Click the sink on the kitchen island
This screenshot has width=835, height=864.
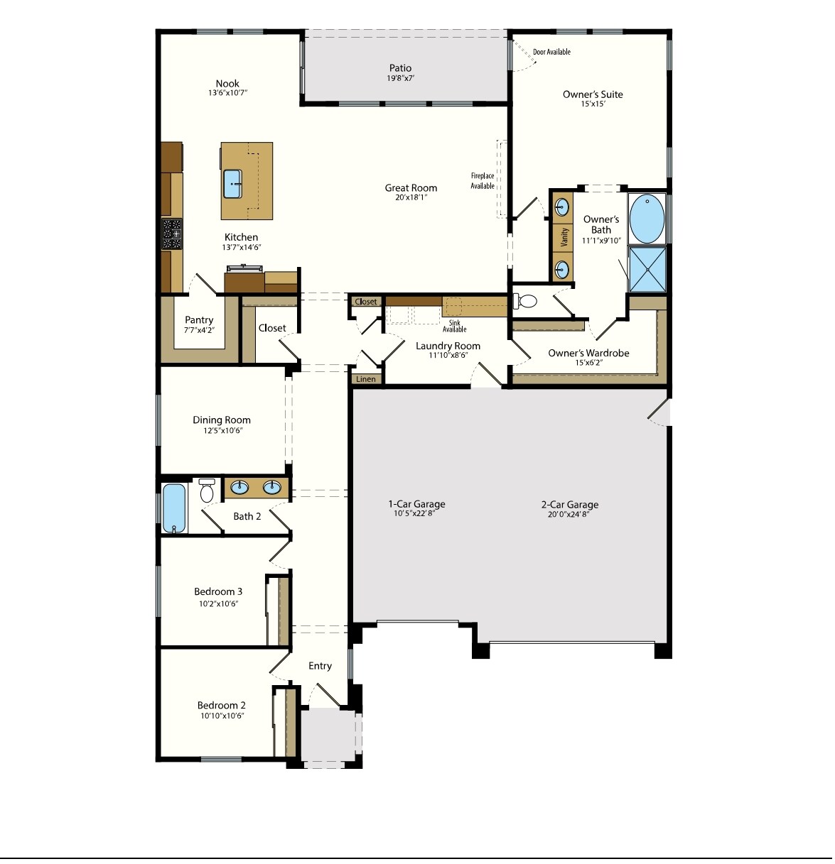click(x=234, y=184)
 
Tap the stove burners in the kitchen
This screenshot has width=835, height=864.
click(x=172, y=234)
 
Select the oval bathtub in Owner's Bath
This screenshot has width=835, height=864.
click(x=647, y=219)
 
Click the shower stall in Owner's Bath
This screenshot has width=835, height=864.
click(x=647, y=269)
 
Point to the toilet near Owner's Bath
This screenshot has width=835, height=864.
click(x=525, y=301)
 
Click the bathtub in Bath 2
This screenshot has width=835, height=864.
click(x=173, y=508)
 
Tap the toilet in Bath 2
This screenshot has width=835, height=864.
click(x=207, y=490)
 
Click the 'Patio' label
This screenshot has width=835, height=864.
click(x=400, y=68)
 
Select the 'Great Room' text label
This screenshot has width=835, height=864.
click(x=411, y=188)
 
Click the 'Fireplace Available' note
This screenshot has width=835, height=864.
click(x=483, y=181)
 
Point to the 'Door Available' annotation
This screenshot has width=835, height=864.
click(x=551, y=52)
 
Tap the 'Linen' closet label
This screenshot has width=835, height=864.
click(x=366, y=379)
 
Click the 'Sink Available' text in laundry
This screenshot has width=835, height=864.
click(x=455, y=326)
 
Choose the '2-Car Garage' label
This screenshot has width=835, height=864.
click(x=570, y=505)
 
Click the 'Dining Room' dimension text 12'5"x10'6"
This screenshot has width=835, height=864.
click(x=222, y=430)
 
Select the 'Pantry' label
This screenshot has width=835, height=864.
click(x=199, y=320)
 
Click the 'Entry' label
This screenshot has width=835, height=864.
click(x=320, y=666)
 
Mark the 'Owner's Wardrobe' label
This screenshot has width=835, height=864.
click(x=588, y=353)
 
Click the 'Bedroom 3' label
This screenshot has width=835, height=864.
click(x=219, y=591)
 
